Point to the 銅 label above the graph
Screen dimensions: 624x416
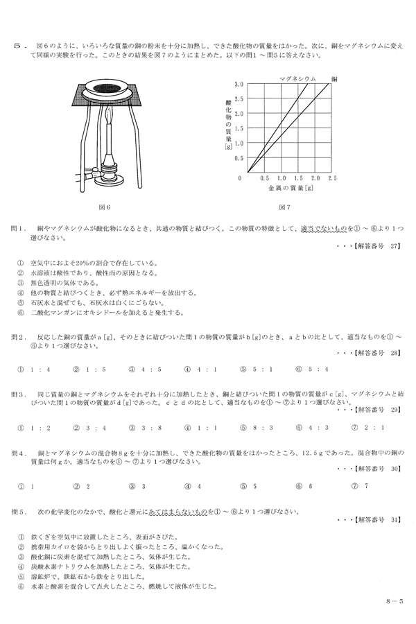coord(334,79)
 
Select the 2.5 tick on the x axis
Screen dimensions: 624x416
coord(331,178)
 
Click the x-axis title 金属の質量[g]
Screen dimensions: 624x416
coord(286,188)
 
